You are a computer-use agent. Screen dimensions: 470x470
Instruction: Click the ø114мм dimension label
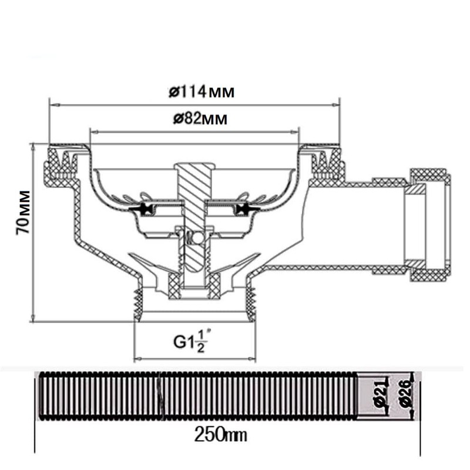(x=200, y=92)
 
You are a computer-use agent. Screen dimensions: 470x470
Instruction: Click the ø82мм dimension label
(x=200, y=119)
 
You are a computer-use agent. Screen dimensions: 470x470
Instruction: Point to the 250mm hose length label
(x=220, y=435)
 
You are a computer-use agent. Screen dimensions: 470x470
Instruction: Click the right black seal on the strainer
(x=243, y=209)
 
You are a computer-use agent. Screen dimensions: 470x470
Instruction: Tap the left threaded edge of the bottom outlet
(x=138, y=300)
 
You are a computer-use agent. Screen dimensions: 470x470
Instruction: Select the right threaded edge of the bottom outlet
(x=253, y=300)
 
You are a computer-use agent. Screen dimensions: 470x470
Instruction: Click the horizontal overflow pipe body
(x=352, y=226)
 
